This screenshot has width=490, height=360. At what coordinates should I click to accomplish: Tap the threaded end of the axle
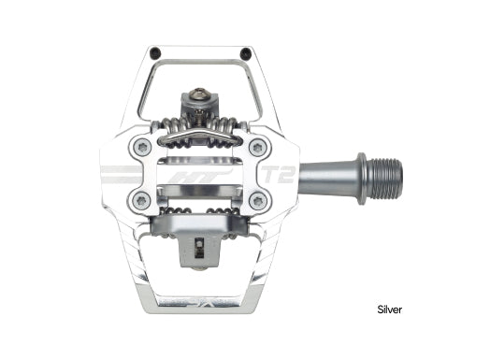tap(385, 174)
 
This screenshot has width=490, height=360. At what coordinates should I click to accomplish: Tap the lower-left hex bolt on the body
tap(142, 200)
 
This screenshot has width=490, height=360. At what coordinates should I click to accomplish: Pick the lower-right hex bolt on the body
tap(257, 200)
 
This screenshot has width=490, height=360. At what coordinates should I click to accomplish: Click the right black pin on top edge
tap(244, 51)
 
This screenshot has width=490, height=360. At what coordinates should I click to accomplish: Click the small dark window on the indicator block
tap(199, 247)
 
